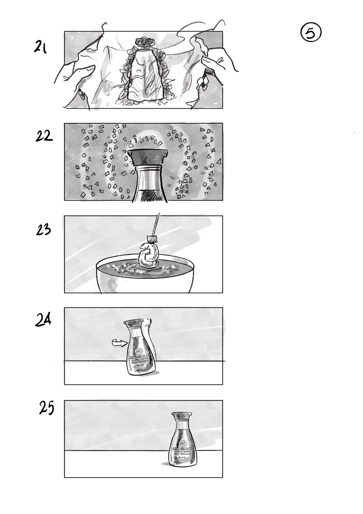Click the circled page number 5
[311, 33]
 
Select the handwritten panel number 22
[43, 136]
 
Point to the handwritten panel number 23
[43, 230]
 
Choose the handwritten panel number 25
[47, 408]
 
